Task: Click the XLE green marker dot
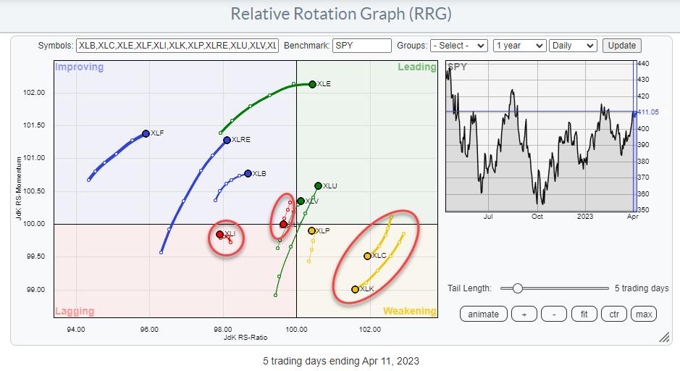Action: point(312,84)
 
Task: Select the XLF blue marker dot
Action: point(146,133)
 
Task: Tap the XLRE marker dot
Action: point(227,140)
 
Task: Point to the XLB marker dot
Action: point(248,173)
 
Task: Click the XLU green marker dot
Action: point(318,186)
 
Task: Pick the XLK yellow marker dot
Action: point(355,289)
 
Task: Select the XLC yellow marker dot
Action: point(367,256)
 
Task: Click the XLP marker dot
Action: point(311,231)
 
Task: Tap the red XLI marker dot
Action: point(220,234)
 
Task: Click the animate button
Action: point(483,314)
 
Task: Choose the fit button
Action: point(583,314)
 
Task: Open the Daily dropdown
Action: point(573,45)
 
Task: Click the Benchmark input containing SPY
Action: point(361,45)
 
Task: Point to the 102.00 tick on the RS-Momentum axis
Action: point(34,93)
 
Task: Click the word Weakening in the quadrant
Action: point(409,311)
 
